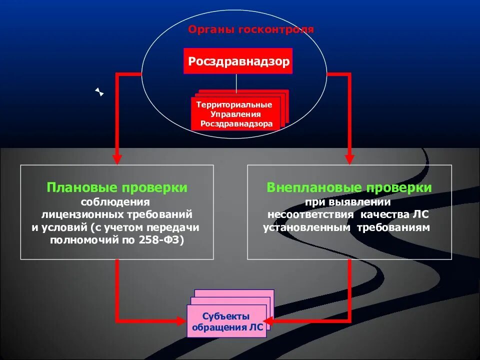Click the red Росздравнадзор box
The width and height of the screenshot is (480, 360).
238,61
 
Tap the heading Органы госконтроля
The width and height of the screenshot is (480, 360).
251,29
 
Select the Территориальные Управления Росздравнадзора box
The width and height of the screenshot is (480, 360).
234,114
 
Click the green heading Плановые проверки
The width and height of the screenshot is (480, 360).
117,188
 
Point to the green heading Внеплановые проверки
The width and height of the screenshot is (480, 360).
349,188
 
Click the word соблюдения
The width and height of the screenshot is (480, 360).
116,202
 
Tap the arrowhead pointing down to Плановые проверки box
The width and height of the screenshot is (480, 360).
117,159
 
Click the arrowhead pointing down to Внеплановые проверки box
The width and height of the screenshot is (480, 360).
349,159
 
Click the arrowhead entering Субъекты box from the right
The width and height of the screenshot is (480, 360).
268,320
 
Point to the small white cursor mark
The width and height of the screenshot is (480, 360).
99,92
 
